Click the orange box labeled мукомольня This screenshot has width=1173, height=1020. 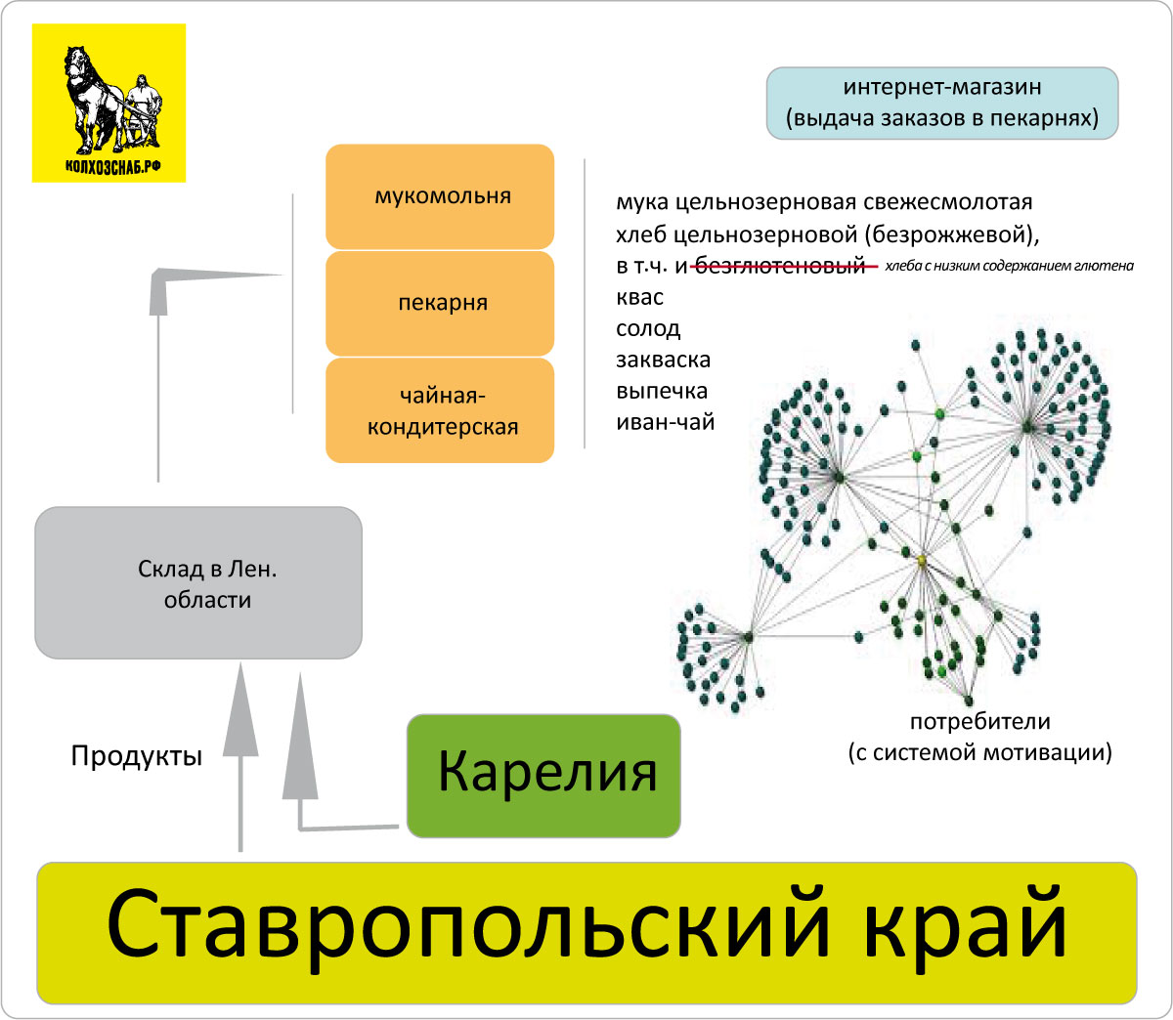[x=440, y=196]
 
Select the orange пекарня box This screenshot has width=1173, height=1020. [x=440, y=303]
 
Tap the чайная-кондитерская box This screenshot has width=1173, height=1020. [x=440, y=410]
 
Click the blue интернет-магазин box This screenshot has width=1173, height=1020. [x=942, y=104]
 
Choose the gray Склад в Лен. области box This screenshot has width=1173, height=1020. [x=198, y=582]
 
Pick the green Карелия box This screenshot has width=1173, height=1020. [x=543, y=776]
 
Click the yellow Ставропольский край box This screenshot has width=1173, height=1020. [x=586, y=933]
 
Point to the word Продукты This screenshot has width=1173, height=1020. [x=137, y=756]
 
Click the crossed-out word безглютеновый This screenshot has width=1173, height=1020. [x=780, y=267]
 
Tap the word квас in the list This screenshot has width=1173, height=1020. [x=640, y=297]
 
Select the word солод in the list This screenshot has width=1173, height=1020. [x=648, y=329]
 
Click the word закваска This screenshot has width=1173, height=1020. [x=664, y=360]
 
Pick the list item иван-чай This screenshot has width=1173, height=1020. [x=666, y=422]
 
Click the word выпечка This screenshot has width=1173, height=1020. [x=662, y=392]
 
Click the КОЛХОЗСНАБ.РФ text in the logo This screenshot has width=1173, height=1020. [x=113, y=167]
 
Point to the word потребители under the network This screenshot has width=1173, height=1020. [x=980, y=722]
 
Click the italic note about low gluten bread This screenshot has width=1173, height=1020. [x=1009, y=266]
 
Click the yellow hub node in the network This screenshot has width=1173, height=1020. [x=922, y=561]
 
